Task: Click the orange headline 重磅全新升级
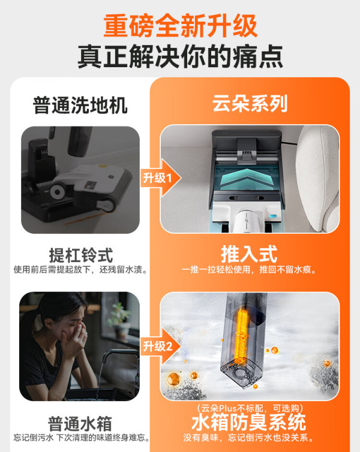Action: pyautogui.click(x=180, y=26)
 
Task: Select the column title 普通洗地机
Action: pyautogui.click(x=80, y=106)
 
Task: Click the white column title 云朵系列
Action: pyautogui.click(x=250, y=104)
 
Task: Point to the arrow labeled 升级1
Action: pyautogui.click(x=161, y=178)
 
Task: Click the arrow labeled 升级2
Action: pyautogui.click(x=161, y=346)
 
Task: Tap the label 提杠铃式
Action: pyautogui.click(x=81, y=255)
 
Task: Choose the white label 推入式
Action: pyautogui.click(x=249, y=254)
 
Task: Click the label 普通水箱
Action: pyautogui.click(x=80, y=424)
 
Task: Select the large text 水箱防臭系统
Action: pyautogui.click(x=248, y=422)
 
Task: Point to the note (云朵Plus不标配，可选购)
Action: pyautogui.click(x=250, y=408)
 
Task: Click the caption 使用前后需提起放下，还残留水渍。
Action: pyautogui.click(x=81, y=270)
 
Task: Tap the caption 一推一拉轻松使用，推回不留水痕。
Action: pyautogui.click(x=249, y=270)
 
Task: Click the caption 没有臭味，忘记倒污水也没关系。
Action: pyautogui.click(x=248, y=438)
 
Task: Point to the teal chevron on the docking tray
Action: pyautogui.click(x=246, y=178)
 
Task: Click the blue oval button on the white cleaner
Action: pyautogui.click(x=272, y=216)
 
